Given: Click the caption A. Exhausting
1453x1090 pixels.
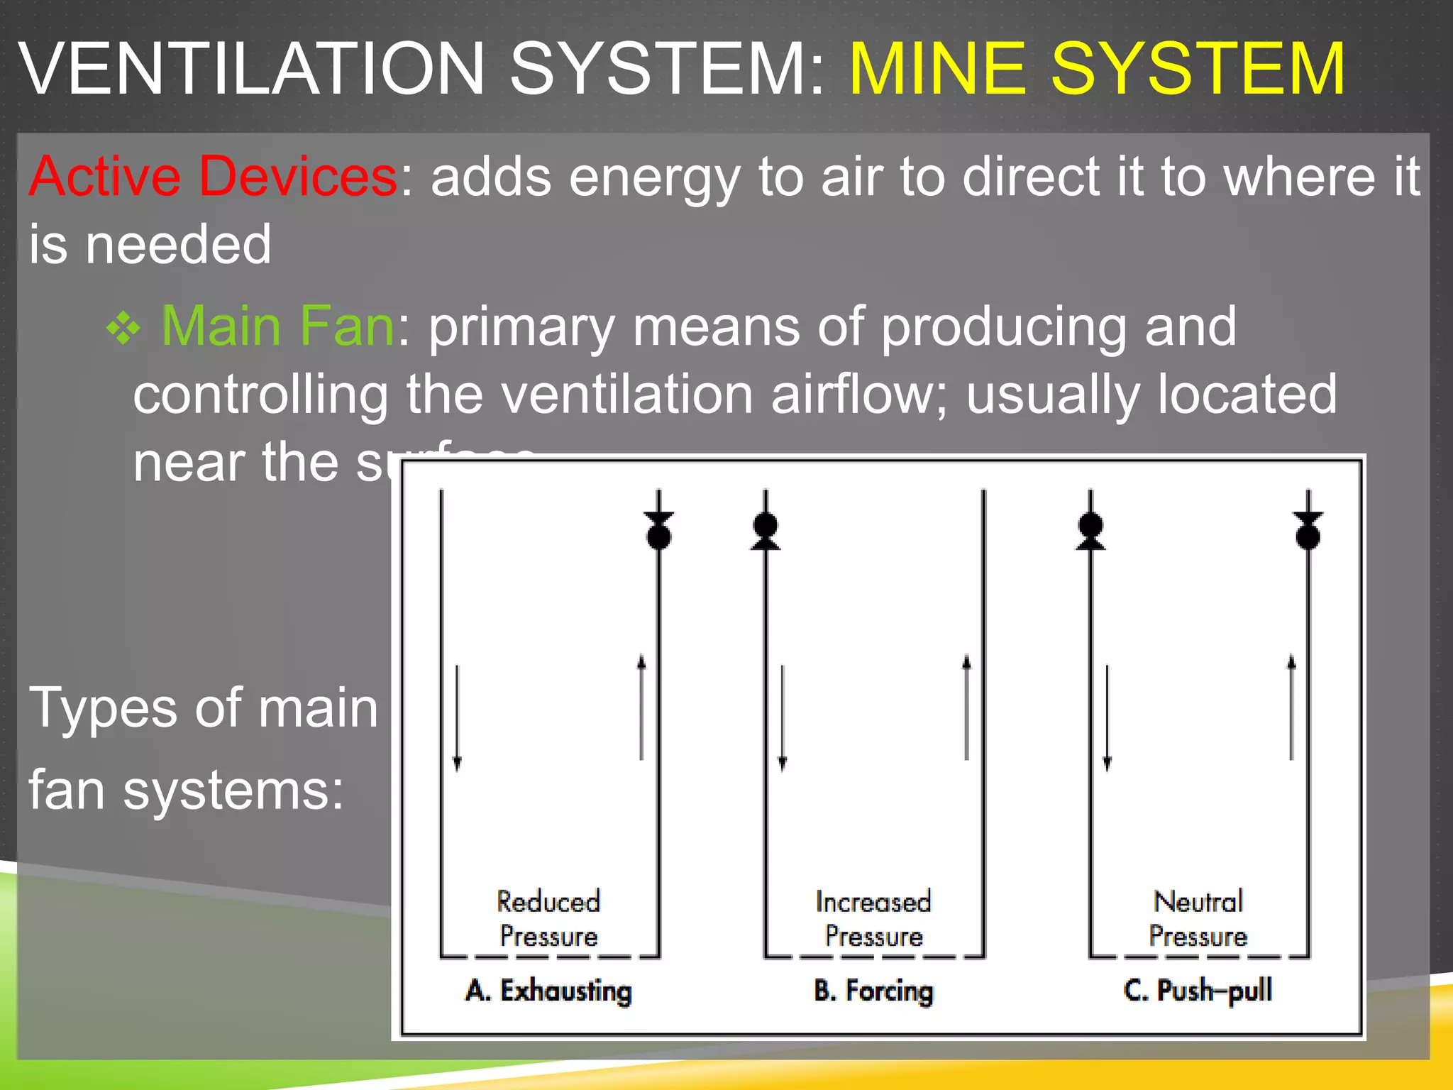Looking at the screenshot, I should tap(548, 991).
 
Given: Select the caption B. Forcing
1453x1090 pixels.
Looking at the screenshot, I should tap(873, 991).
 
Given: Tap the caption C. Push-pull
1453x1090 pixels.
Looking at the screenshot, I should tap(1198, 991).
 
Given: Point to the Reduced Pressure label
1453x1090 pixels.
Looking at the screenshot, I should tap(548, 918).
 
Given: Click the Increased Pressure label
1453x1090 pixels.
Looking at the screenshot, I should tap(873, 918).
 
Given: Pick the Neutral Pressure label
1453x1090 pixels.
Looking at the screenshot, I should tap(1198, 918).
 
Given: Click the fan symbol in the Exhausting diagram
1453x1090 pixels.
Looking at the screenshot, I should tap(659, 530).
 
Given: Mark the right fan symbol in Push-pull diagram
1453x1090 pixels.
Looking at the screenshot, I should tap(1308, 530).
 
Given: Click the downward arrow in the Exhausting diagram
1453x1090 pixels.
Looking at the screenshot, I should tap(457, 717).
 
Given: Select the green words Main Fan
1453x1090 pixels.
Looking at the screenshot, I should tap(277, 326).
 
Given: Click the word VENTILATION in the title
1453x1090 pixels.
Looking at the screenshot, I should tap(252, 69).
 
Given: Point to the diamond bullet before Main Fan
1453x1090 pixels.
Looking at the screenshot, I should tap(123, 329).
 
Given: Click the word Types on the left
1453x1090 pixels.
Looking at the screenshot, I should tap(102, 708).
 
